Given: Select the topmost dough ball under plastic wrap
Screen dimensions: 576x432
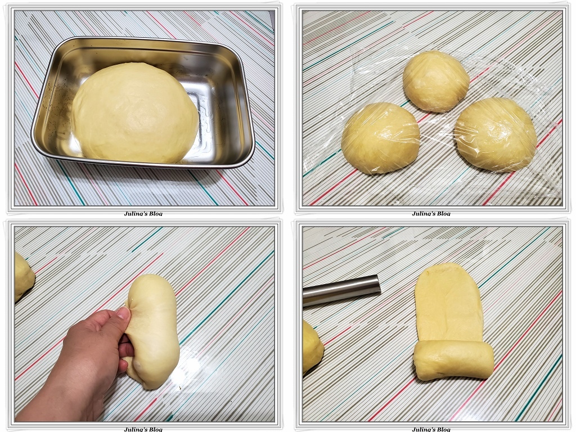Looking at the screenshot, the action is point(436,81).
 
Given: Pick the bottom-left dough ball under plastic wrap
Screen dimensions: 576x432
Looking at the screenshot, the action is point(381,138).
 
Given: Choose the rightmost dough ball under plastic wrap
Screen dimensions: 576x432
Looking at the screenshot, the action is point(495,134).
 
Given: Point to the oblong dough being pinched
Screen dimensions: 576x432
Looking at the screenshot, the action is point(153,331).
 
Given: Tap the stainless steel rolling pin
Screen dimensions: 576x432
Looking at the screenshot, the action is point(341,290).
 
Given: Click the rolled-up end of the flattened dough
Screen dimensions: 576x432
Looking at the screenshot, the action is point(453,360).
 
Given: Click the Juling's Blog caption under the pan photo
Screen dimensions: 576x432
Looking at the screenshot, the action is point(143,213).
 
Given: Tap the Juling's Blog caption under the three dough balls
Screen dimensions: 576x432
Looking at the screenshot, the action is point(431,213).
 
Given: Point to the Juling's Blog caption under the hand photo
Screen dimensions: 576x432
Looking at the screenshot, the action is point(143,429).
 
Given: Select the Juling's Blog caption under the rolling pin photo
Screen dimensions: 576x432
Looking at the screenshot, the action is point(431,429).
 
